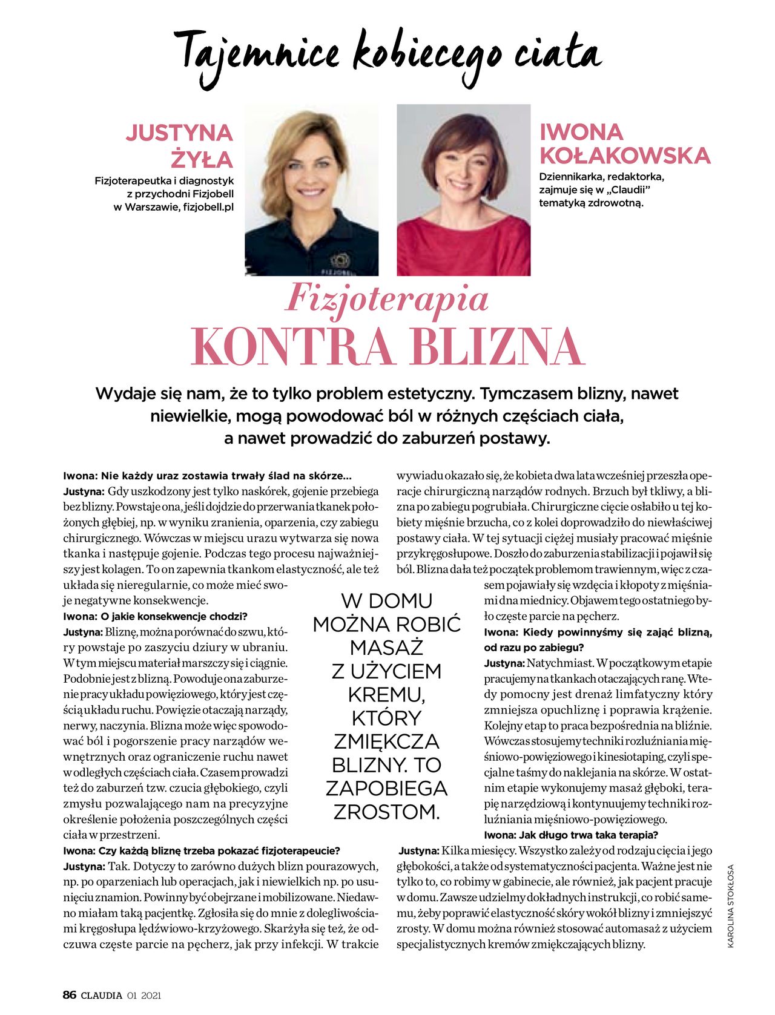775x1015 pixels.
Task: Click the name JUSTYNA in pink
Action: pyautogui.click(x=179, y=133)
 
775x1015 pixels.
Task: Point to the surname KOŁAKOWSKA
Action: pyautogui.click(x=624, y=156)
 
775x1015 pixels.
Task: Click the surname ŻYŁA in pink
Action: pyautogui.click(x=202, y=159)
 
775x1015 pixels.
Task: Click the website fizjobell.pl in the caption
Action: pyautogui.click(x=208, y=207)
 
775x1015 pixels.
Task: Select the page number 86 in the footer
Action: pyautogui.click(x=70, y=994)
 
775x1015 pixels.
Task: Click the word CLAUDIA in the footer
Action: pyautogui.click(x=102, y=995)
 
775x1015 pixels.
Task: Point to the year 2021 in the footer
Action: pyautogui.click(x=151, y=995)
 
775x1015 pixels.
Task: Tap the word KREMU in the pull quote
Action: pyautogui.click(x=386, y=694)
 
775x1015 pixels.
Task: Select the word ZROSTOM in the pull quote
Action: pyautogui.click(x=386, y=812)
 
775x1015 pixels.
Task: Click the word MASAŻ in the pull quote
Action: pyautogui.click(x=386, y=648)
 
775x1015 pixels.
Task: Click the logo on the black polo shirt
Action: pyautogui.click(x=340, y=260)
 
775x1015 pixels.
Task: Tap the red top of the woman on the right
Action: pyautogui.click(x=463, y=248)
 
